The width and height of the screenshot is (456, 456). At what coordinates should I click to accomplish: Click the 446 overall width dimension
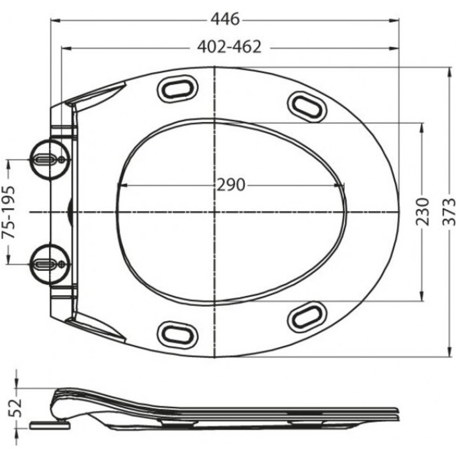click(x=225, y=20)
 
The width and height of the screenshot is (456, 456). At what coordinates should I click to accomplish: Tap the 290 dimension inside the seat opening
click(x=231, y=185)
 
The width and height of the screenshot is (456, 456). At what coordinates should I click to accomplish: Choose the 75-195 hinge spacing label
click(x=9, y=211)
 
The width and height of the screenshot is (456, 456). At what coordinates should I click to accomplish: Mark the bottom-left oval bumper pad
click(x=177, y=334)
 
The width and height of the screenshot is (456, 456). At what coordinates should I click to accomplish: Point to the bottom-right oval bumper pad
click(x=307, y=317)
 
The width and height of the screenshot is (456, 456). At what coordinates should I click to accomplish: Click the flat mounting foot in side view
click(x=50, y=425)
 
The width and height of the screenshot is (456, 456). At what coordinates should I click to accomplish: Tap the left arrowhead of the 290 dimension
click(x=121, y=185)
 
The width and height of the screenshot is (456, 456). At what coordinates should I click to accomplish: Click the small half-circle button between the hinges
click(x=70, y=211)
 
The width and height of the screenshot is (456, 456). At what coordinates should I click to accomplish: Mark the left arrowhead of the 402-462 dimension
click(x=64, y=47)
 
